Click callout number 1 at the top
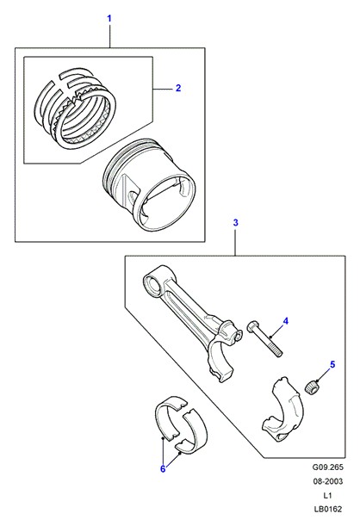(109, 18)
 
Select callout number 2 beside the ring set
(178, 88)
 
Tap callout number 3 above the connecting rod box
(235, 222)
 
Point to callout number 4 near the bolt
(286, 321)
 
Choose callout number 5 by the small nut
(332, 364)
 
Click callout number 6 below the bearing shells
(163, 468)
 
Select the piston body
(148, 185)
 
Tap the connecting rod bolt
(264, 339)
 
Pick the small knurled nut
(312, 387)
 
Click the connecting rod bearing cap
(282, 409)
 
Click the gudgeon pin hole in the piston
(133, 196)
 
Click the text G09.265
(328, 467)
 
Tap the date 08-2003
(328, 481)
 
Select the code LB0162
(328, 510)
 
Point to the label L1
(328, 496)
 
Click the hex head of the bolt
(252, 326)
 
